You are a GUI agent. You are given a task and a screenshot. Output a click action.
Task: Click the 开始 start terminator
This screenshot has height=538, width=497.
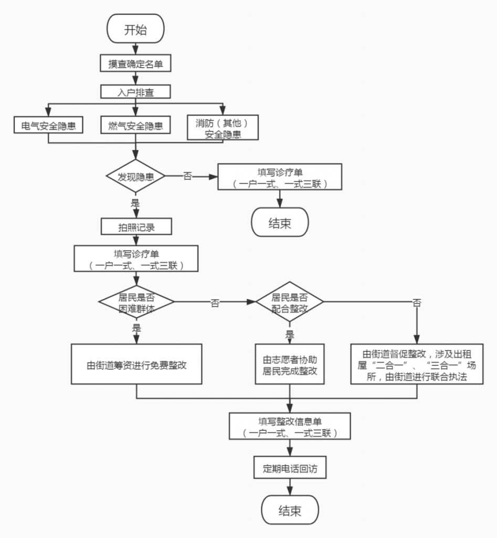point(135,29)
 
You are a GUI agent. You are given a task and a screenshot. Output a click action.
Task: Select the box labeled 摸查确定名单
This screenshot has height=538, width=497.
point(135,64)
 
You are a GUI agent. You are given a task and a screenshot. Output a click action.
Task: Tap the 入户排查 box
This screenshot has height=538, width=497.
point(135,91)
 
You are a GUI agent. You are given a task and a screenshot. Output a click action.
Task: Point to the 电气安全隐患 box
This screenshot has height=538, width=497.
point(48,126)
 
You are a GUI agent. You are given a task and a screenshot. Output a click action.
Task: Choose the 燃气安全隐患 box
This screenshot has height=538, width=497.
point(135,126)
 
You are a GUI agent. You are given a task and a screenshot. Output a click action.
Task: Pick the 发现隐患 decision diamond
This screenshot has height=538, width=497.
point(136,177)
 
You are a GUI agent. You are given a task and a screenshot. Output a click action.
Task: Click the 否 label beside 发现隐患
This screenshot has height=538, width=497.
point(187,177)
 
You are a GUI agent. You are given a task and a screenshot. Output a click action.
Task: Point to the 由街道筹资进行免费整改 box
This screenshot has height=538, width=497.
point(136,365)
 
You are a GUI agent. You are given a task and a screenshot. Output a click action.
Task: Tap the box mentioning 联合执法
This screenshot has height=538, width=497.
point(417,365)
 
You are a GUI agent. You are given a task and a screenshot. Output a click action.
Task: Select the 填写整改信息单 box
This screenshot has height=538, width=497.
point(289,426)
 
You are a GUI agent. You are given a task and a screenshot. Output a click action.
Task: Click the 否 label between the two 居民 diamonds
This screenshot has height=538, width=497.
point(215,303)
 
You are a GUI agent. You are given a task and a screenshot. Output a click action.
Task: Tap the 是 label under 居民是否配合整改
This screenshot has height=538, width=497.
point(289,335)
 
